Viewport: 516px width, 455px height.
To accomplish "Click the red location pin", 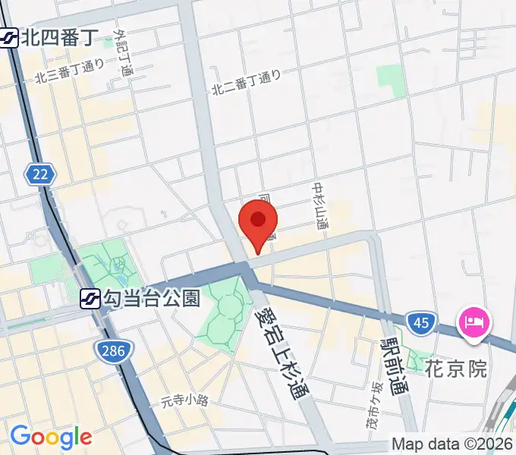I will [258, 222].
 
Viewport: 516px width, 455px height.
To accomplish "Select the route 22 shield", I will [40, 175].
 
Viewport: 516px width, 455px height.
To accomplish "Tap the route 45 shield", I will [421, 324].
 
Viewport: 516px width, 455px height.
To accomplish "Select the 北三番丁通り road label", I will [69, 72].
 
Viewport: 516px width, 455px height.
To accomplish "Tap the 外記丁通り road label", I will [123, 53].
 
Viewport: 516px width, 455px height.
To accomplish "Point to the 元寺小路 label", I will [184, 400].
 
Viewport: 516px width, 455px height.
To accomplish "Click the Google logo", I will [51, 436].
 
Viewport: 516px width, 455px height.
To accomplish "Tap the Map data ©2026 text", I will [451, 444].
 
